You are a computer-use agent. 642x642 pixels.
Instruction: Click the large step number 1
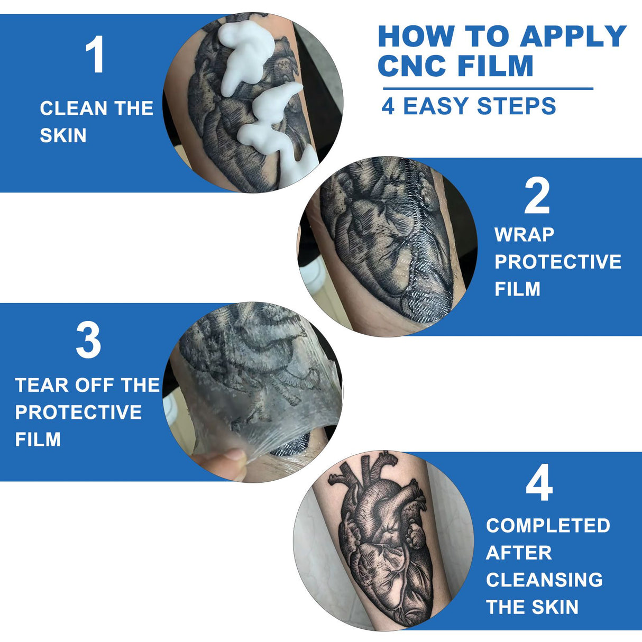(96, 54)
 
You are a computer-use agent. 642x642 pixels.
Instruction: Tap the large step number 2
(537, 195)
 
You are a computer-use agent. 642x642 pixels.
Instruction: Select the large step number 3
(88, 340)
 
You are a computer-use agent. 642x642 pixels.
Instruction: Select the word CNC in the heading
(412, 65)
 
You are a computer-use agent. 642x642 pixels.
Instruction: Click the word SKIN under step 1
(63, 135)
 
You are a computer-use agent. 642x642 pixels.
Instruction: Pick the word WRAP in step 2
(524, 235)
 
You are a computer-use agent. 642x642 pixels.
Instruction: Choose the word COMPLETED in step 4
(548, 526)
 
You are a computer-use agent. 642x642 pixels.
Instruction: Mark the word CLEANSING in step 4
(544, 580)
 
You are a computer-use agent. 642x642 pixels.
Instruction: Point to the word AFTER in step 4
(519, 553)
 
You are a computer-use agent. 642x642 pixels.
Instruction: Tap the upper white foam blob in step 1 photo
(246, 57)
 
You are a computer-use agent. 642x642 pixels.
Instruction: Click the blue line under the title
(488, 89)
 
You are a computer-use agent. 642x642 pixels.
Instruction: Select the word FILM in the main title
(495, 65)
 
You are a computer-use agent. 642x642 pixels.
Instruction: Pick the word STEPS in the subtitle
(516, 106)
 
